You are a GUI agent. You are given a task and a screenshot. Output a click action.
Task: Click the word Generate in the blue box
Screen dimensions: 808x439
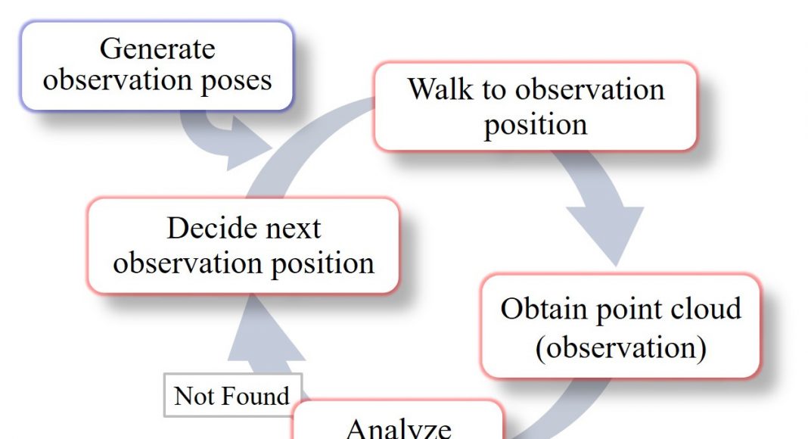(x=157, y=49)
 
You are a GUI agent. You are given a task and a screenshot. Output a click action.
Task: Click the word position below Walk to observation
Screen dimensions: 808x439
(x=536, y=125)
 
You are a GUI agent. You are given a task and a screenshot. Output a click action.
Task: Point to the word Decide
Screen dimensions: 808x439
(x=204, y=228)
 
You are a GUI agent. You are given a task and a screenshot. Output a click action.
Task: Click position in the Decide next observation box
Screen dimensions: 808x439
(x=322, y=264)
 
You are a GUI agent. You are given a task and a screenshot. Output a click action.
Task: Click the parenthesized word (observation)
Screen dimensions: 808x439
(x=621, y=348)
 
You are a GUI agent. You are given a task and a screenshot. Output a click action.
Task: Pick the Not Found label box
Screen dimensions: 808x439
(x=233, y=394)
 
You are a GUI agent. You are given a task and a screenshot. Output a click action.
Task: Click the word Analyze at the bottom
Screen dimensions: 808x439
(x=399, y=428)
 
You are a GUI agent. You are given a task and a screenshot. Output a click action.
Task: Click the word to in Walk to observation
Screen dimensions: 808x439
(x=494, y=89)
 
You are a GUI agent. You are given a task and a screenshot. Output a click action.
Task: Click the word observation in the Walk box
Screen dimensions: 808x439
(x=589, y=89)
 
